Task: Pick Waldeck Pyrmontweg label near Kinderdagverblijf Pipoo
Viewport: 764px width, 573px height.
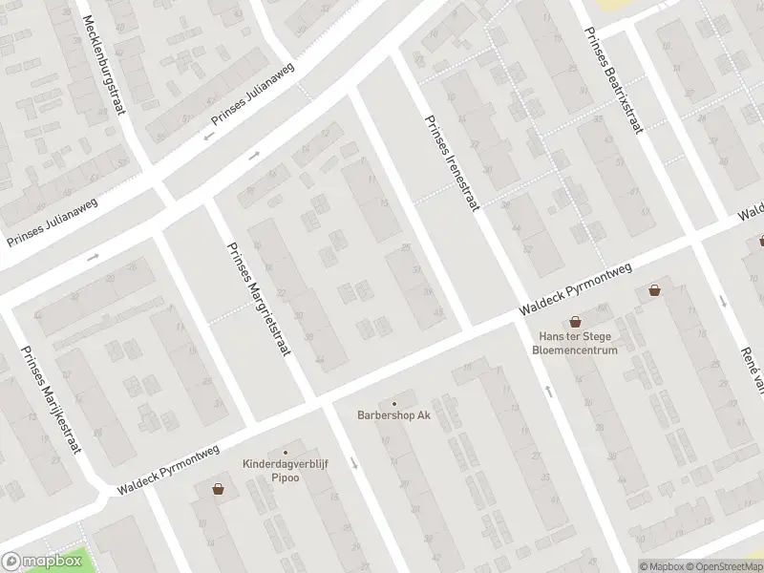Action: [169, 470]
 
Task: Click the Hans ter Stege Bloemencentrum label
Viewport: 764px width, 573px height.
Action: [575, 343]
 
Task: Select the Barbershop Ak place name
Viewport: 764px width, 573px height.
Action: [393, 415]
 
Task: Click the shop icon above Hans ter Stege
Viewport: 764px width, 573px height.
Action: [575, 322]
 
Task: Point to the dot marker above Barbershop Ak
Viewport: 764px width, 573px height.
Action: [393, 403]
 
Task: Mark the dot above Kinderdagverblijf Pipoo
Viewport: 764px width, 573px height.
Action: [285, 453]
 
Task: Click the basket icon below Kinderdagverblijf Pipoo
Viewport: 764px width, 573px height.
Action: [219, 489]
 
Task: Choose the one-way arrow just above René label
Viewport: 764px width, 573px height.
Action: [723, 301]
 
